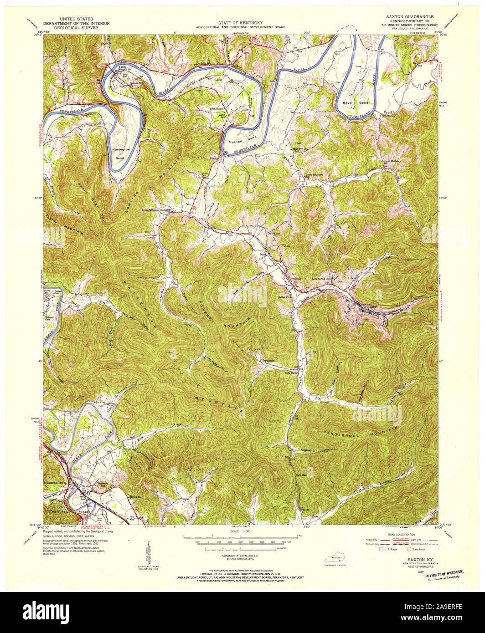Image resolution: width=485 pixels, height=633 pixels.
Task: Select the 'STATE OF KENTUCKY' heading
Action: click(x=241, y=22)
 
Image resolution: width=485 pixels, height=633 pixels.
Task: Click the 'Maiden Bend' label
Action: click(x=237, y=143)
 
